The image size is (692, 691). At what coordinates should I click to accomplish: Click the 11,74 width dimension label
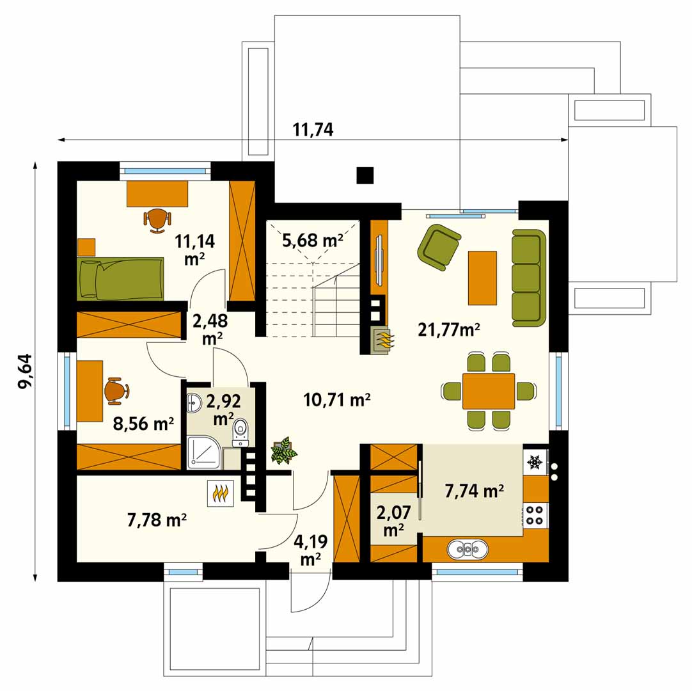313,129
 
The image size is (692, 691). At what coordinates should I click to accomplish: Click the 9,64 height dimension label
25,371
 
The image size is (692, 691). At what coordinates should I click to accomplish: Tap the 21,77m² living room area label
449,330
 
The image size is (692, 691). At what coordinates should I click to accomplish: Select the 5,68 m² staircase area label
313,240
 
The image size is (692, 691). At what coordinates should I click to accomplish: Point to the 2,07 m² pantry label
394,521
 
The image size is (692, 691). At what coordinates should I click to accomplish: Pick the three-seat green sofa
528,278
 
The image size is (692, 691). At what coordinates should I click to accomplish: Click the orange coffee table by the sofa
482,278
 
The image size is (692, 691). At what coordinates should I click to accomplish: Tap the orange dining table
489,391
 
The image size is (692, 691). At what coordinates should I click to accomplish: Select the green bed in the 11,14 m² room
120,278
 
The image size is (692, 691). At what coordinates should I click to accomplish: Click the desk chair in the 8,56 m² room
116,391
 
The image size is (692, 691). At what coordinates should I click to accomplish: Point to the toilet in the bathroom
240,432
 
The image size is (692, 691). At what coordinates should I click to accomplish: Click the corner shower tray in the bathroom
204,452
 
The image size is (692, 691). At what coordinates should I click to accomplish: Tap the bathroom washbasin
194,402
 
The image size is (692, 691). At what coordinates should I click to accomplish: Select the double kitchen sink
468,549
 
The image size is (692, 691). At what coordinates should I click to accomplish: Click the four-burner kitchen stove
535,515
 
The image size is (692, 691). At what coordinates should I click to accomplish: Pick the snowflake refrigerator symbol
535,462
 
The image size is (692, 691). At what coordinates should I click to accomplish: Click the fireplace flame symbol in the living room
382,340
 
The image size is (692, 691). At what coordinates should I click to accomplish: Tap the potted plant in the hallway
284,450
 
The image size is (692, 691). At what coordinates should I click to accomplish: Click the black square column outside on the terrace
365,175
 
